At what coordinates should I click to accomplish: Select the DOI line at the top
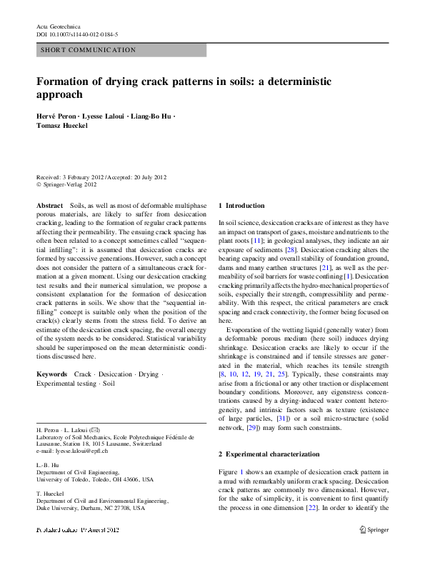click(x=77, y=34)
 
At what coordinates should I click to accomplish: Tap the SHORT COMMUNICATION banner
click(x=89, y=50)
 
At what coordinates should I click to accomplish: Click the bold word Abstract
click(x=49, y=205)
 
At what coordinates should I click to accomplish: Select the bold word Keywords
click(x=52, y=374)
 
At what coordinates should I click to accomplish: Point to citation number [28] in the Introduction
click(x=291, y=250)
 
